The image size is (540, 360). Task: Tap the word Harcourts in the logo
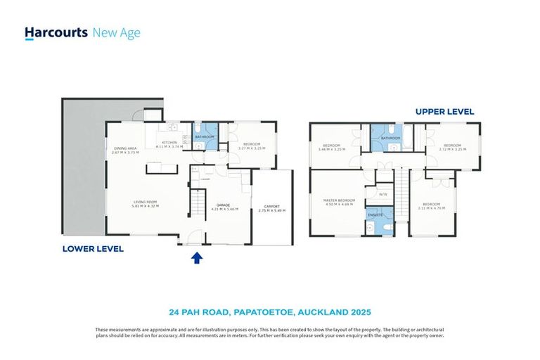coord(56,32)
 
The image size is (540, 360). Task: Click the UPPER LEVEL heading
coord(444,111)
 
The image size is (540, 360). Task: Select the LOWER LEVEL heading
coord(93,248)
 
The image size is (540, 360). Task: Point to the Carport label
coord(272,207)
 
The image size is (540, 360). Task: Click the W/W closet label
coord(382,194)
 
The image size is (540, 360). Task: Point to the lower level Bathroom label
coord(205,136)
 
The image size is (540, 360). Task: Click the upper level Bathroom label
coord(390,139)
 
